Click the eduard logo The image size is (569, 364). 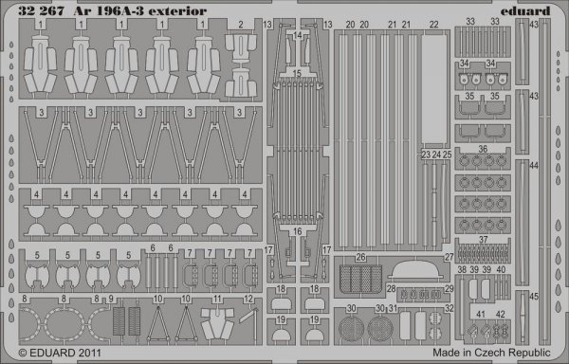tap(531, 10)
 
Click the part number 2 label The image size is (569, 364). tap(241, 25)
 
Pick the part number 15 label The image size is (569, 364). tap(298, 73)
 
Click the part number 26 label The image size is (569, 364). tap(360, 257)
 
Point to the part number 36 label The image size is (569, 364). tap(483, 149)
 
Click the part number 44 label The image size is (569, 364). tap(534, 165)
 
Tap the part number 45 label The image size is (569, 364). tap(534, 296)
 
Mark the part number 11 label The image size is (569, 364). tap(216, 300)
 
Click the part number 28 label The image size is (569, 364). tap(391, 287)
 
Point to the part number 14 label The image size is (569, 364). tap(298, 35)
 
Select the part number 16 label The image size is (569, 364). tap(298, 229)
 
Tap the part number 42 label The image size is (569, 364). tap(500, 313)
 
